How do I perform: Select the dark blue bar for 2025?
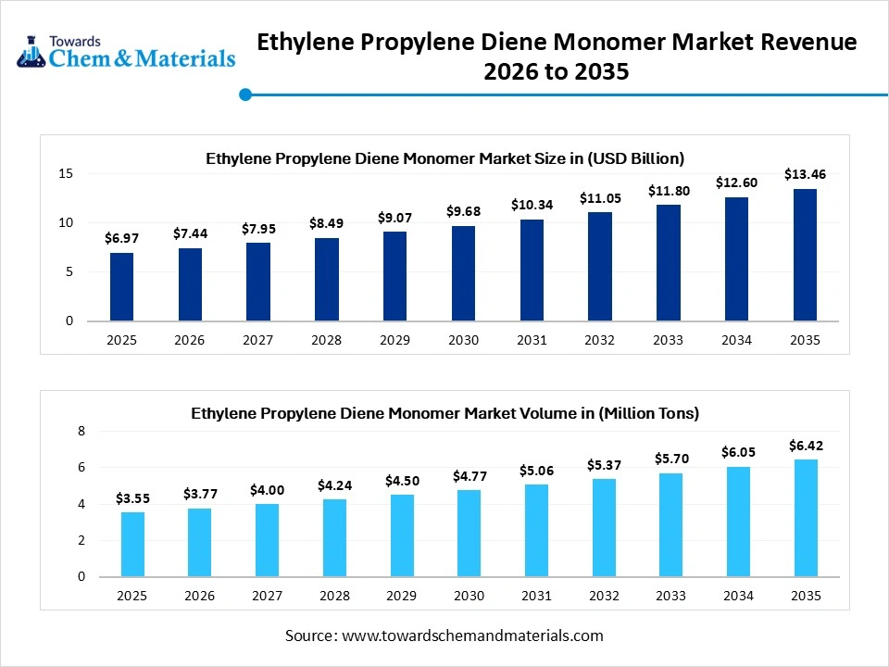click(x=121, y=286)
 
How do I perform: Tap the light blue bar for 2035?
click(x=806, y=518)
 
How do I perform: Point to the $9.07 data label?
click(x=394, y=217)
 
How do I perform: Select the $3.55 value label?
click(x=132, y=498)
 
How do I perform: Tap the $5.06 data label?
click(x=536, y=471)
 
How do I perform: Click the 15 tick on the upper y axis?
click(x=66, y=173)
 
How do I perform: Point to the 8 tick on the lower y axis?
click(x=81, y=432)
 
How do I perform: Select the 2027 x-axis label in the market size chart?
click(x=257, y=340)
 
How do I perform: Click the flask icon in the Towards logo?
click(x=31, y=53)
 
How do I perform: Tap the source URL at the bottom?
click(x=472, y=636)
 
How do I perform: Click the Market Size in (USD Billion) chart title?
click(x=444, y=158)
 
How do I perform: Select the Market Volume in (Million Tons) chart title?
click(x=444, y=413)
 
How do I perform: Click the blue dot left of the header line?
click(x=245, y=94)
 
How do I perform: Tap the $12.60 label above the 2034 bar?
click(x=736, y=182)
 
